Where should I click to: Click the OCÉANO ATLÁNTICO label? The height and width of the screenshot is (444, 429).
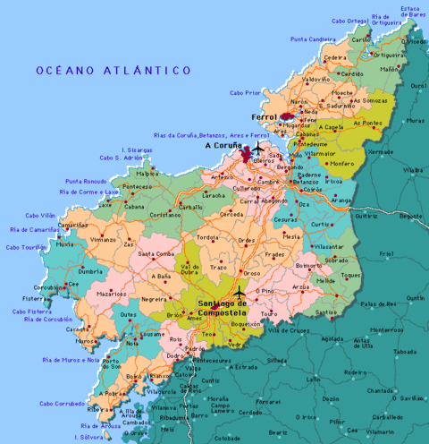(114, 70)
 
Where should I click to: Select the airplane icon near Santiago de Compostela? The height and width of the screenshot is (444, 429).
(239, 293)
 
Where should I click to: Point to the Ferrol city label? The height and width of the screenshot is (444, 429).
(265, 117)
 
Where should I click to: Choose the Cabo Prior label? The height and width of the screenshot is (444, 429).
(245, 92)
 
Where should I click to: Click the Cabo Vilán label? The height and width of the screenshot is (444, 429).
(40, 215)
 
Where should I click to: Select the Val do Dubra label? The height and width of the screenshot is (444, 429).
(190, 269)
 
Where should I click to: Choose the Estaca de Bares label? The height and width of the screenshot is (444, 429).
(411, 12)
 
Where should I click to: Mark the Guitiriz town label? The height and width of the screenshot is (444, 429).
(366, 216)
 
